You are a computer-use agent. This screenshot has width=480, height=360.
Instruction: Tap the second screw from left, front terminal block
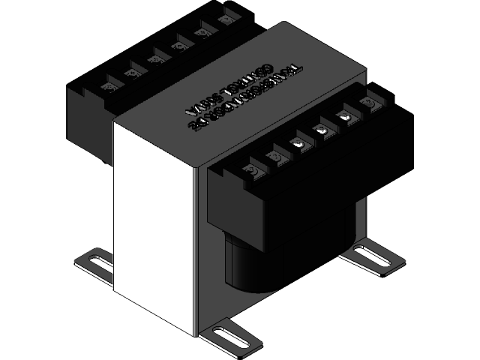(274, 158)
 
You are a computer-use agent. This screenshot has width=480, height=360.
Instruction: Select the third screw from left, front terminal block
(298, 143)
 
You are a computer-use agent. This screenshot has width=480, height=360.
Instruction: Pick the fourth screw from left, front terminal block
(322, 130)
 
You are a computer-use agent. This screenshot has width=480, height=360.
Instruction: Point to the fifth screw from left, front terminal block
(345, 116)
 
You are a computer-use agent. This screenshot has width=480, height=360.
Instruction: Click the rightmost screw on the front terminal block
(367, 102)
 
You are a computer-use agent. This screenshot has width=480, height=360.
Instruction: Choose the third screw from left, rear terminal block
(156, 59)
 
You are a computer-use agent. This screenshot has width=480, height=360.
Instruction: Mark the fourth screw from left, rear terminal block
(178, 46)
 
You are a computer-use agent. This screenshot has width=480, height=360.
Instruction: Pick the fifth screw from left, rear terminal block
(201, 33)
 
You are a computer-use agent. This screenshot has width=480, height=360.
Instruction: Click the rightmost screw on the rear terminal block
(223, 20)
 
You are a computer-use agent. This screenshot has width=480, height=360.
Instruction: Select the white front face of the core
(154, 217)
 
